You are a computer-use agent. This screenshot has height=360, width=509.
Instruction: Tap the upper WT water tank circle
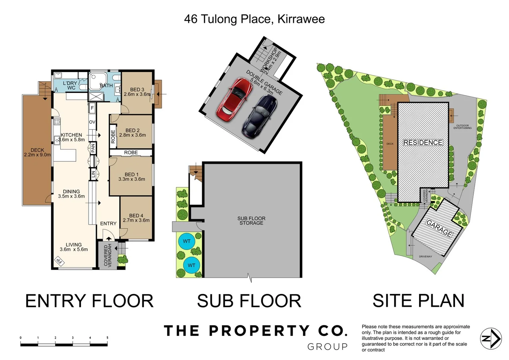(187, 241)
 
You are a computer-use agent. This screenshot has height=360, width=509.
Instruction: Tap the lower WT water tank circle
(191, 265)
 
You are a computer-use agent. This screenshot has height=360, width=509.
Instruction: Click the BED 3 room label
(137, 92)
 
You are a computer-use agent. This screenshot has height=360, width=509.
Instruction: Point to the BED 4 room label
(136, 218)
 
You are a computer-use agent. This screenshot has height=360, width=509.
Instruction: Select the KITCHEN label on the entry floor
(71, 135)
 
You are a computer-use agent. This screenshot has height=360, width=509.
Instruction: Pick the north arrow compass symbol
(491, 339)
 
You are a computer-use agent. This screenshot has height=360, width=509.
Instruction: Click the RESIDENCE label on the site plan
(423, 143)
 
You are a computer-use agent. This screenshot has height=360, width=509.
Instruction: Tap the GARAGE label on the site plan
(439, 228)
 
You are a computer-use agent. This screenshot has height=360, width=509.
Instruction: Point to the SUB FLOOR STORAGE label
(251, 221)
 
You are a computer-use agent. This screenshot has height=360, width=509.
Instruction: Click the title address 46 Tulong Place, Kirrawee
(254, 19)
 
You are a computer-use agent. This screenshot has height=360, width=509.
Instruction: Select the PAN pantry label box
(93, 148)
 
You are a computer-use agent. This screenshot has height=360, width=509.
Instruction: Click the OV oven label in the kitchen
(92, 122)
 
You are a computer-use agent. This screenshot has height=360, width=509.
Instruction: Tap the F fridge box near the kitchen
(92, 108)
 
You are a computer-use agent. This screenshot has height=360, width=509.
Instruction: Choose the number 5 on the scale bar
(107, 338)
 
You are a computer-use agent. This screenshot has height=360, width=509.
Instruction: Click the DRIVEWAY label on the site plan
(425, 256)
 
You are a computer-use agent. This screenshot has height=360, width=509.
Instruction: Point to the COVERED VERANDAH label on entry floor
(108, 255)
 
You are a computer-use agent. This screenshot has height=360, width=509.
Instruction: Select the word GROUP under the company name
(327, 347)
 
